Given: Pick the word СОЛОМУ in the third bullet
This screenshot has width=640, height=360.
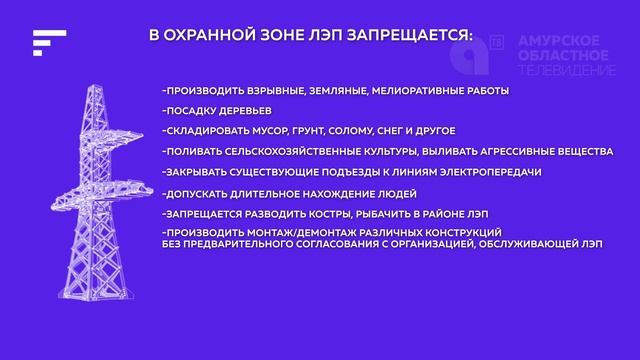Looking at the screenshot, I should click(x=372, y=131).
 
